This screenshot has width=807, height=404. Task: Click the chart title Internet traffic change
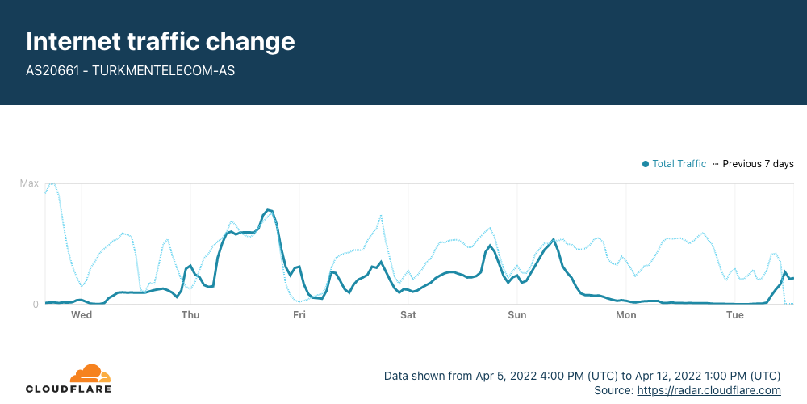coord(161,42)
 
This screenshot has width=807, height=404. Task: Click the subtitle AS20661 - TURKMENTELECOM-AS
coord(130,70)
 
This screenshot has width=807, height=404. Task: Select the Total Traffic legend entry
coord(674,164)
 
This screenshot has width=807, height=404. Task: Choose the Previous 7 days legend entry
coord(754,164)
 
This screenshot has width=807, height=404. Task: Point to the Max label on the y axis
coord(29,183)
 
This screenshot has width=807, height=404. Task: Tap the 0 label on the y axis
coord(36,305)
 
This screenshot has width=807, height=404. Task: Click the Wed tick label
coord(82,315)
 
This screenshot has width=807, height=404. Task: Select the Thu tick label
coord(190,315)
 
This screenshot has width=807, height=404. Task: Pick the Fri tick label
coord(299,315)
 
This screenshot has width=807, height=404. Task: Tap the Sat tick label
coord(408,315)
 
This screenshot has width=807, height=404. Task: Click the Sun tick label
coord(517,315)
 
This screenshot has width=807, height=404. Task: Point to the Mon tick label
coord(626,315)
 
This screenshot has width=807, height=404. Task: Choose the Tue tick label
coord(735,315)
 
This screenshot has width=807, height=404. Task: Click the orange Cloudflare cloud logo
coord(90,373)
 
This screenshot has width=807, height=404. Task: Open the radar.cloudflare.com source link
coord(709,390)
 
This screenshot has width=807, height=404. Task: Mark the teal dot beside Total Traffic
coord(646,164)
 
